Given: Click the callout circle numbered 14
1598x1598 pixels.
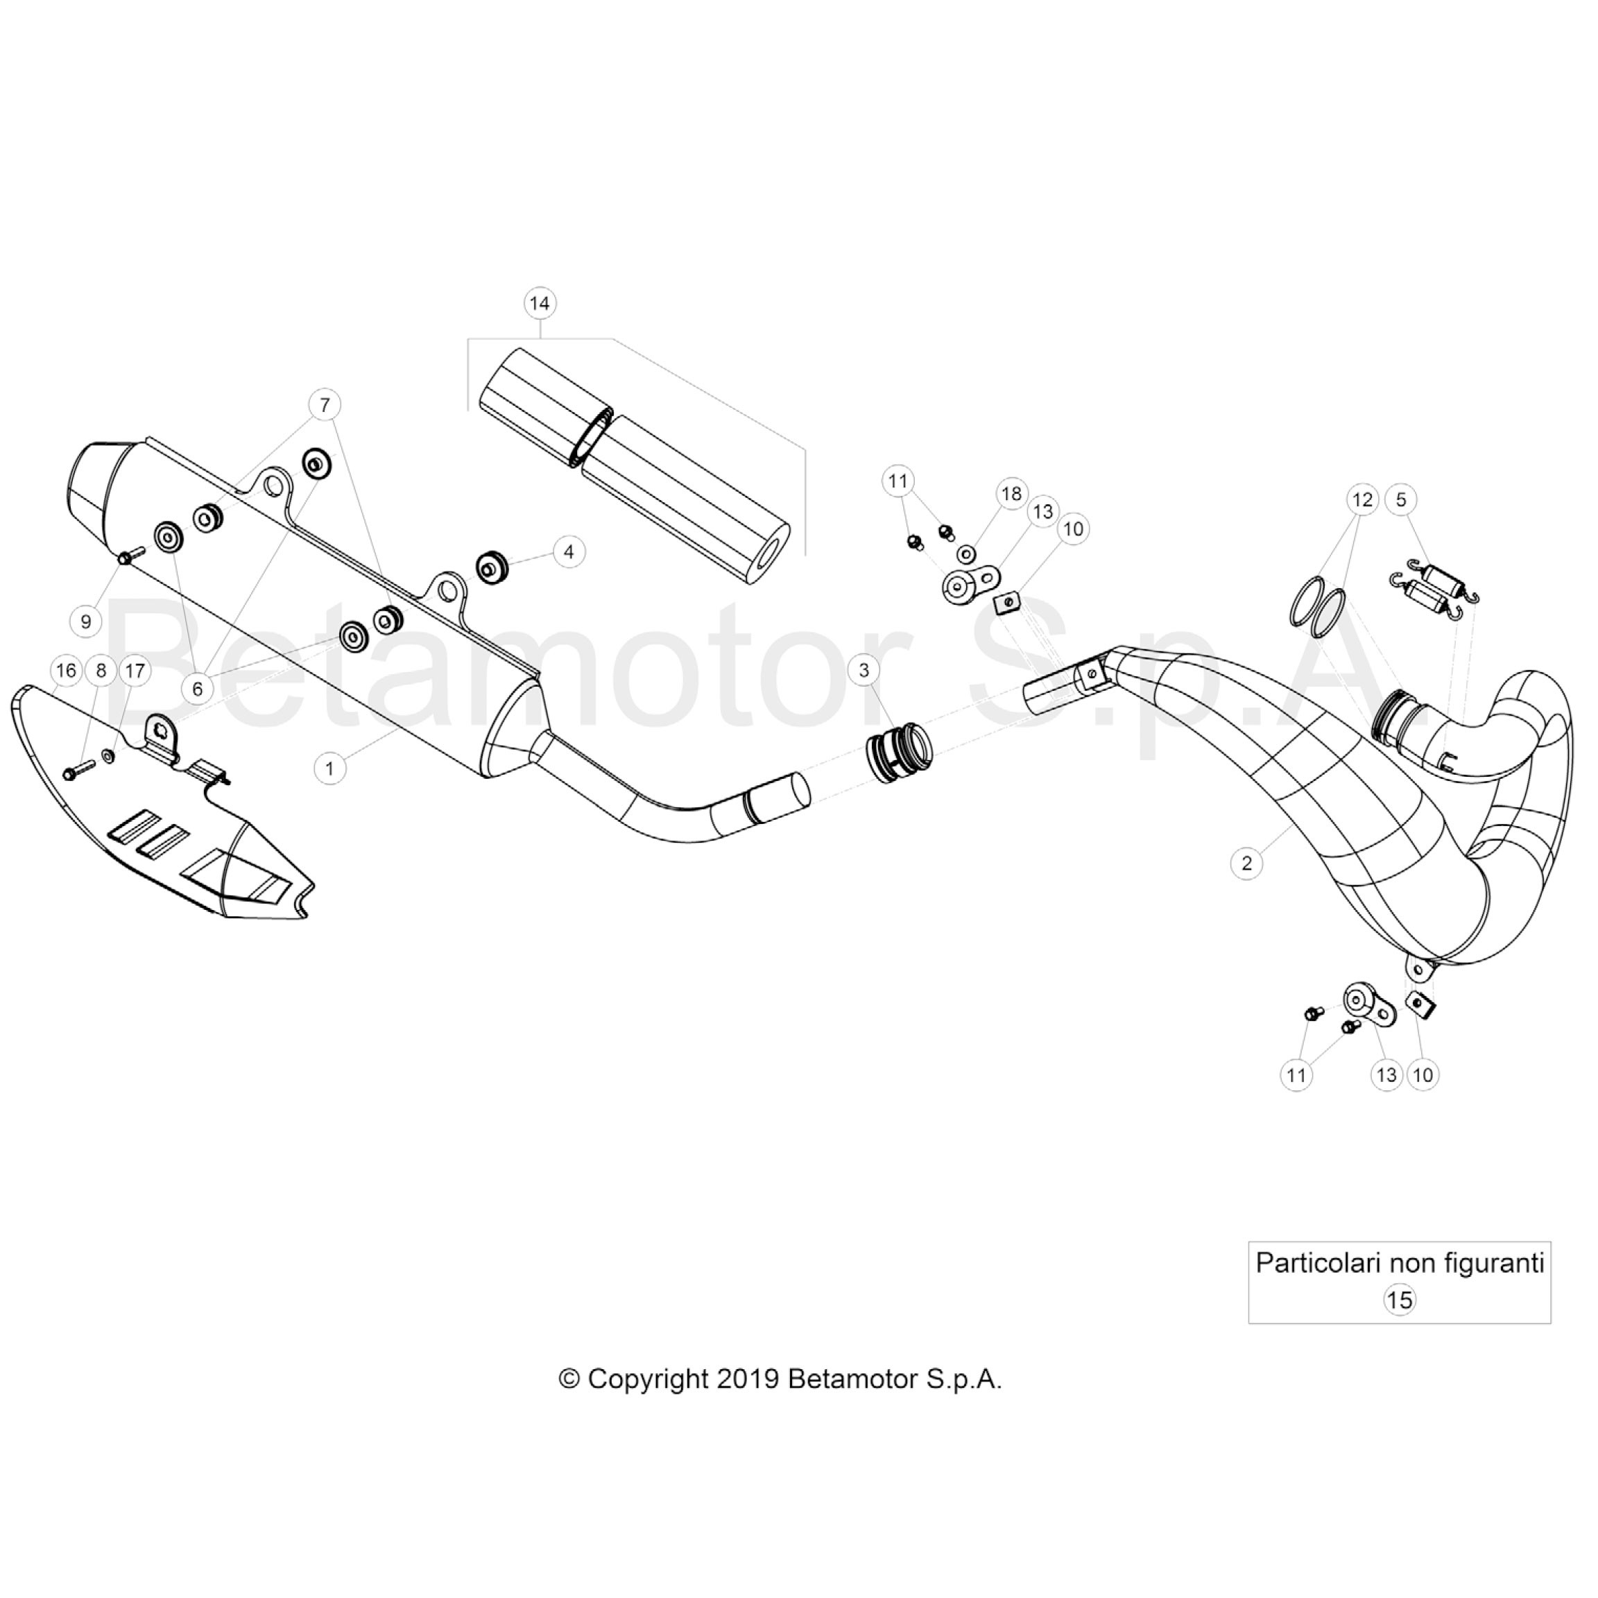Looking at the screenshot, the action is coord(540,304).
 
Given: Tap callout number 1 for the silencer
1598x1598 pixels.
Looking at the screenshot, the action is coord(330,768).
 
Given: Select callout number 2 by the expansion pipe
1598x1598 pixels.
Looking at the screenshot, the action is coord(1246,864).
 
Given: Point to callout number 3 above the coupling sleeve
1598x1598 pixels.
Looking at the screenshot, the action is coord(864,670).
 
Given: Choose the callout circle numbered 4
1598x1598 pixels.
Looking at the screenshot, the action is coord(569,551).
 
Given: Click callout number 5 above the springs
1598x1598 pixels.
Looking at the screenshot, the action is coord(1401,499).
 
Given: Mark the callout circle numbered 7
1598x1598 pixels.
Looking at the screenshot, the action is coord(325,404).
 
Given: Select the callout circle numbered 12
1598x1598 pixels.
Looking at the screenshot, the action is coord(1362,499).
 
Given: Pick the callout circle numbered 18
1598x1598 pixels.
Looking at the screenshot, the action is coord(1011,495).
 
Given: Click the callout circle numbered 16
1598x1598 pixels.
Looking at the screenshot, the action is coord(66,670).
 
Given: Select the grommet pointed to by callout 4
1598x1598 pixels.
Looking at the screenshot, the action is coord(494,567).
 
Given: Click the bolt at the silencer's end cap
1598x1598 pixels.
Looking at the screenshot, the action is coord(130,556).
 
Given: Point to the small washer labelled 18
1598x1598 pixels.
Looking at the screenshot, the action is coord(966,553).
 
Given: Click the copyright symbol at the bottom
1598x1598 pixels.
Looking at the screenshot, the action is coord(569,1379).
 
